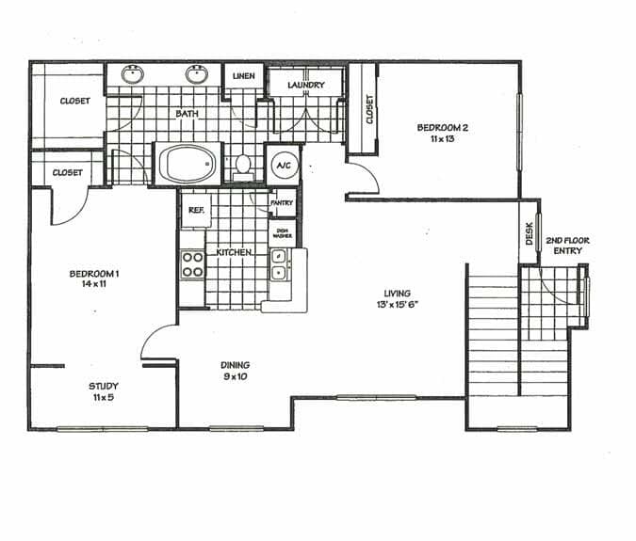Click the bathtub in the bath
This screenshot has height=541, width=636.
(188, 165)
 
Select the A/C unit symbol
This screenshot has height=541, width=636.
(282, 166)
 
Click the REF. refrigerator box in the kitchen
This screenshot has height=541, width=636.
(197, 211)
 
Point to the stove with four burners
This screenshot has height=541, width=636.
(193, 263)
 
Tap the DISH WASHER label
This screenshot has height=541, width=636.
(282, 232)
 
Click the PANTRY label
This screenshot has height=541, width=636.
(282, 202)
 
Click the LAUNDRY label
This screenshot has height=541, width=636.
(306, 86)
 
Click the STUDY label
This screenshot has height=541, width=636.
(103, 386)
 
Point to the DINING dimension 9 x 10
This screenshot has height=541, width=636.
(235, 377)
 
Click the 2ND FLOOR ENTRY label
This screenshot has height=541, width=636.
(567, 247)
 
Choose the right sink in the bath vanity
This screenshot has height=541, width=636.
(198, 74)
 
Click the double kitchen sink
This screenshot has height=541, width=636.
(279, 264)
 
